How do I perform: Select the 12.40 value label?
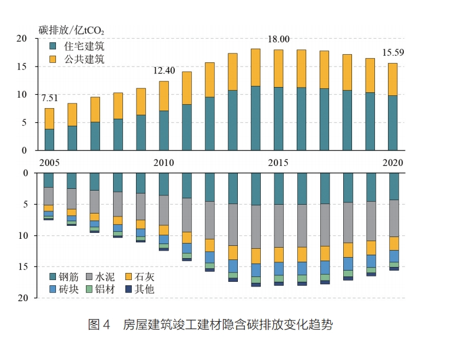(164, 71)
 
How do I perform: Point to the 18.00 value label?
(279, 39)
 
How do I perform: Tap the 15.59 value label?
(394, 52)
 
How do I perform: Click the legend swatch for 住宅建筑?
(53, 45)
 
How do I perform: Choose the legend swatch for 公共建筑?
(53, 59)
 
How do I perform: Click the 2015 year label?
(279, 162)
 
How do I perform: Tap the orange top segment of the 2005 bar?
(49, 118)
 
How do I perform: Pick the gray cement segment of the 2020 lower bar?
(394, 218)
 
